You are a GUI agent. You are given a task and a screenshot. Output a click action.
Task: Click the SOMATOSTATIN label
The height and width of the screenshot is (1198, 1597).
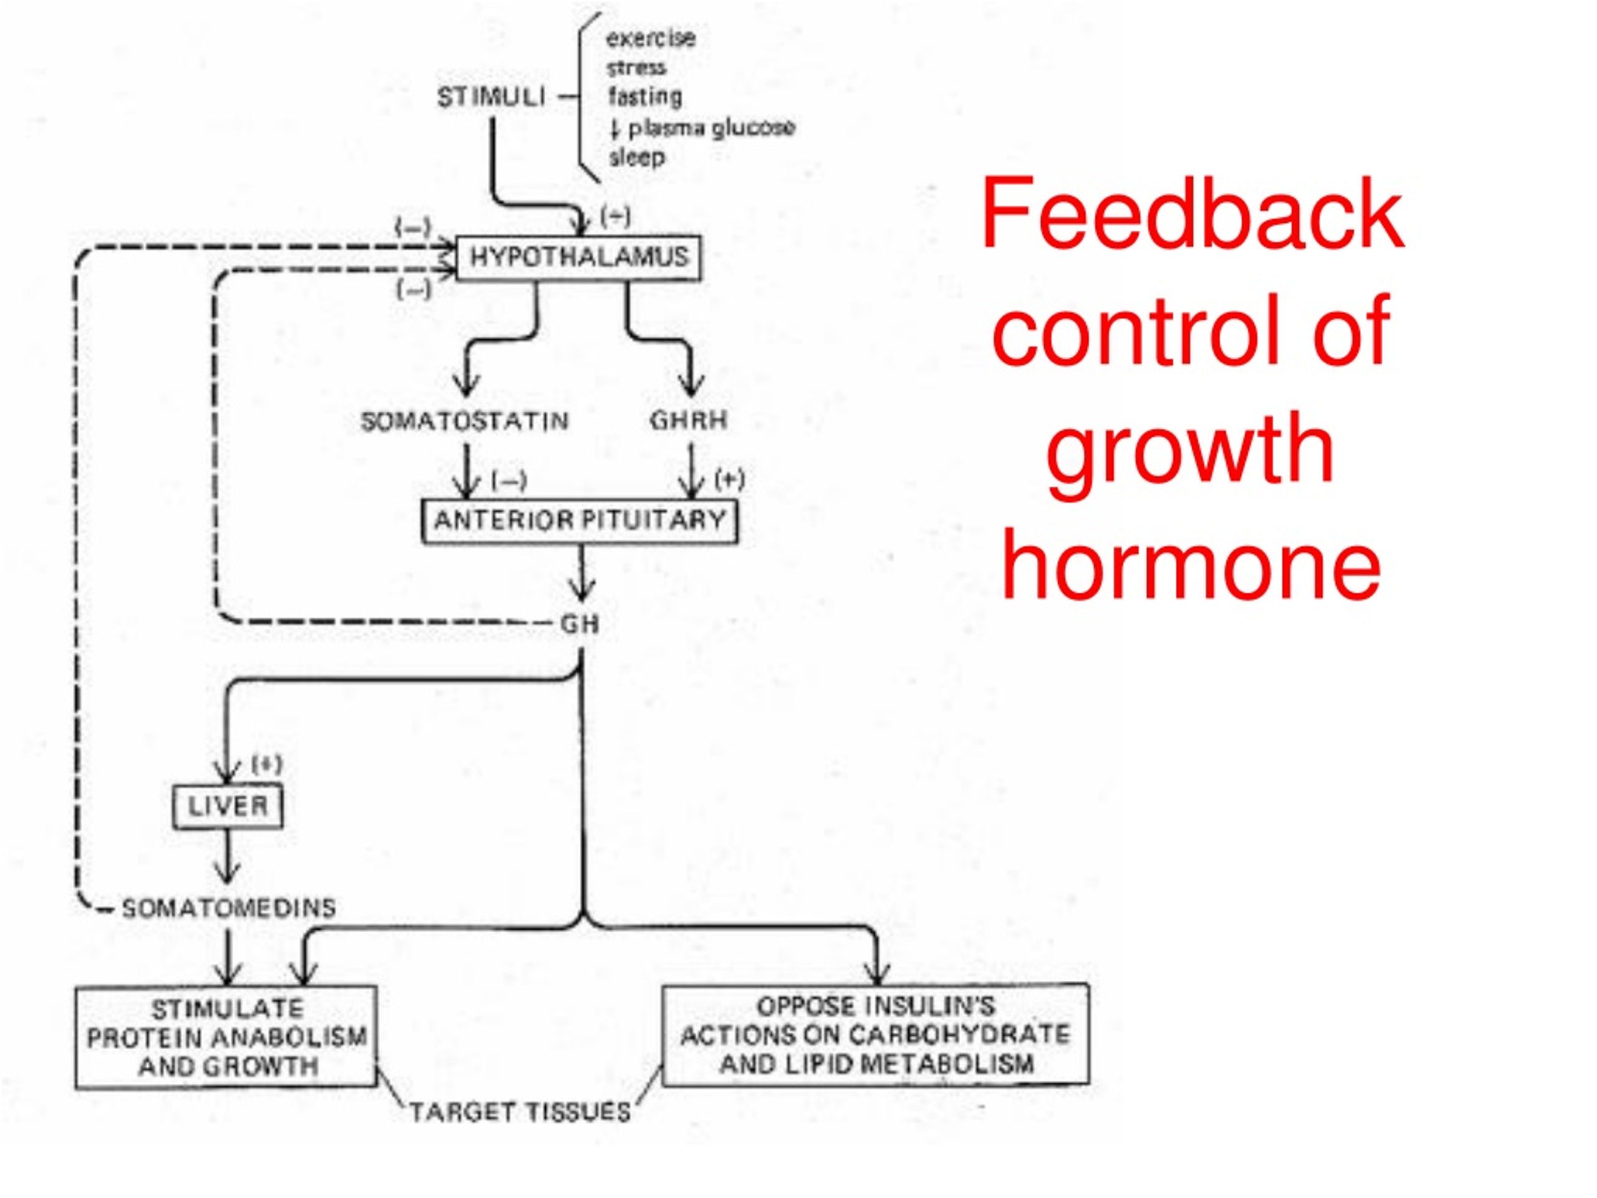[x=465, y=421]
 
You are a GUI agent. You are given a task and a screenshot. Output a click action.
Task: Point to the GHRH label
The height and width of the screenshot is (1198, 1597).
[x=689, y=421]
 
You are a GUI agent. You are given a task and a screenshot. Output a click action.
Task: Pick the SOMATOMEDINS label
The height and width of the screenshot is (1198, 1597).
[x=229, y=908]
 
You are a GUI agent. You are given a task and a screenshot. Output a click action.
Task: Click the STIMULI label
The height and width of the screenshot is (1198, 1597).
[x=491, y=97]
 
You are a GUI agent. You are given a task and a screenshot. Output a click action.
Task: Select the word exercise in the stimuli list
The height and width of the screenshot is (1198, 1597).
[x=651, y=37]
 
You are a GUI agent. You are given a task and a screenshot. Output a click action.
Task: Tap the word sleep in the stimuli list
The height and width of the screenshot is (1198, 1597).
[x=637, y=157]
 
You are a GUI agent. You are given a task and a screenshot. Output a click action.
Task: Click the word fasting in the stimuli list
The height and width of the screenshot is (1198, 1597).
[x=644, y=97]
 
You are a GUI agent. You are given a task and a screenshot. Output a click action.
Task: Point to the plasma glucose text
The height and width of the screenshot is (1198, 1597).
[x=711, y=128]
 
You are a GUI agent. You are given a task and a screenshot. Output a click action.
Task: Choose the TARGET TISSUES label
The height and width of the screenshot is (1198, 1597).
[x=520, y=1112]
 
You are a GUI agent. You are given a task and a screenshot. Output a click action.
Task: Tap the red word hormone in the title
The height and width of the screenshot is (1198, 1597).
[x=1192, y=563]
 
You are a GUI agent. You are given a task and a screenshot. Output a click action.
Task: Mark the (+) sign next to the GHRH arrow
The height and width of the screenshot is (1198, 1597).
[x=729, y=479]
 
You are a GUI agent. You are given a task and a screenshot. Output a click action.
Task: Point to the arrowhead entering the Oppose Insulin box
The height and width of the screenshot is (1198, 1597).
[x=877, y=975]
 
